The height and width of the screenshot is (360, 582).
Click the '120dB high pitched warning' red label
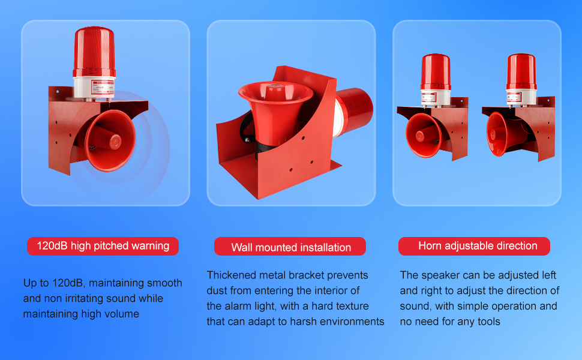[103, 246]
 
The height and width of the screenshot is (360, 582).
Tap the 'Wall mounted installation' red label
[291, 247]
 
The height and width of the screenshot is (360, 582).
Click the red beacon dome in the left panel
[94, 52]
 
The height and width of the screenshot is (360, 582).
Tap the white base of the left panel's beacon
[94, 84]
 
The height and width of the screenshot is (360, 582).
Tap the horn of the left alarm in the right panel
[424, 135]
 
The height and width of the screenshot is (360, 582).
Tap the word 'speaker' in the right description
[438, 275]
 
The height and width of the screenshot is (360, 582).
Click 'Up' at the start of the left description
[30, 283]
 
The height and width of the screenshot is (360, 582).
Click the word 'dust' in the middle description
[218, 291]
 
